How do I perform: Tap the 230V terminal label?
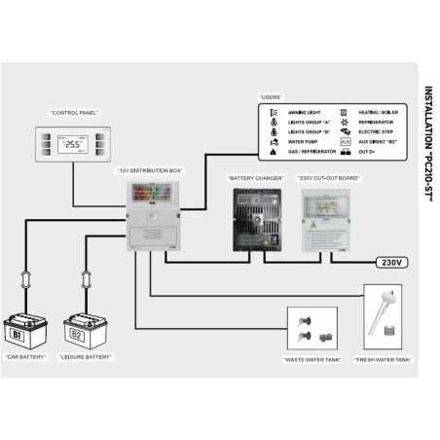pyautogui.click(x=391, y=262)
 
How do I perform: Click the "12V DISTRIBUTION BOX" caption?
pyautogui.click(x=150, y=171)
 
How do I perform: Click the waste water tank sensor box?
pyautogui.click(x=313, y=331)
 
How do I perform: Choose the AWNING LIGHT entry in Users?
pyautogui.click(x=299, y=113)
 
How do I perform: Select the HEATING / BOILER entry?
pyautogui.click(x=377, y=113)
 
